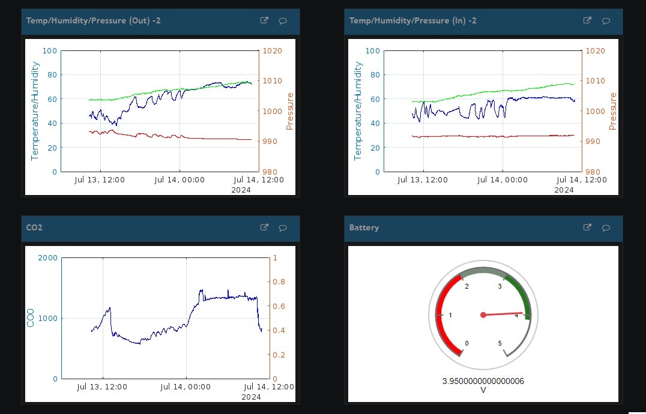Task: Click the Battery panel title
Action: point(364,228)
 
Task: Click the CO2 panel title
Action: point(34,228)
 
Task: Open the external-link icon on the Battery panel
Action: point(587,227)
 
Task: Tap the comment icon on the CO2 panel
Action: point(283,228)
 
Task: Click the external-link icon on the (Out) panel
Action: point(264,20)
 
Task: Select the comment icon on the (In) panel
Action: point(606,21)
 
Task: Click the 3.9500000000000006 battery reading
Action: point(483,381)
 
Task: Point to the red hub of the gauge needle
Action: point(483,315)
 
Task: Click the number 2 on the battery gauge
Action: point(466,286)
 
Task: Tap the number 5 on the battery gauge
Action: point(500,343)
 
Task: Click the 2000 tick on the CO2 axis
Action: point(47,258)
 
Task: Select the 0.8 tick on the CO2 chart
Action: point(279,282)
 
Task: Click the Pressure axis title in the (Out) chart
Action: point(290,111)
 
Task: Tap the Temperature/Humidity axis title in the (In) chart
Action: point(358,111)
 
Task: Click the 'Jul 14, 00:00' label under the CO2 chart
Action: point(186,387)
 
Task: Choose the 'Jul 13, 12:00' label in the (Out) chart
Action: point(101,180)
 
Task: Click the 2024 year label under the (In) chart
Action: point(564,190)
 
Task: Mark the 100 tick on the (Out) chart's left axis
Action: point(50,51)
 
